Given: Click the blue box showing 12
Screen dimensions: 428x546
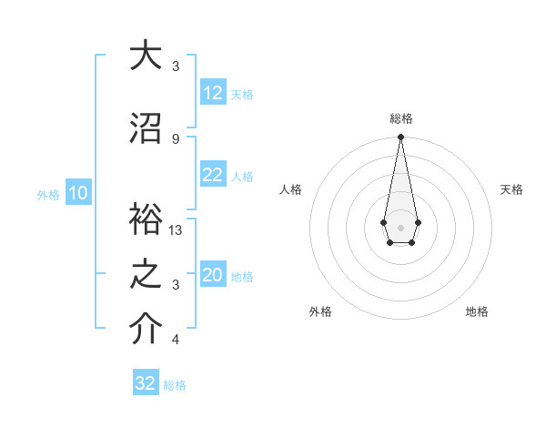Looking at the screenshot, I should (213, 93).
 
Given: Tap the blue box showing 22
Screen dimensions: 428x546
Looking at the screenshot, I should (213, 175).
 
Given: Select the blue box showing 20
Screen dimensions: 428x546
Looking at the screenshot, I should (213, 275).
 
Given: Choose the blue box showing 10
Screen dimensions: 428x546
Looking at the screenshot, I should (77, 193).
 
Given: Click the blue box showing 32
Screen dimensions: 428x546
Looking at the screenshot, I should (146, 383).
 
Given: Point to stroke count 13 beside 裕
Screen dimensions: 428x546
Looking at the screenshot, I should (177, 230).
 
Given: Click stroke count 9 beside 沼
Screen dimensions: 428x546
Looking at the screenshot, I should (176, 138).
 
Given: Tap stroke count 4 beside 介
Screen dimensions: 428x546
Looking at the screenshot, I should (176, 340).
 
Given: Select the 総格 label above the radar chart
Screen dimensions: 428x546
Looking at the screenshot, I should (400, 119).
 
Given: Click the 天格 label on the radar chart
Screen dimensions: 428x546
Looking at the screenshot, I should (511, 189).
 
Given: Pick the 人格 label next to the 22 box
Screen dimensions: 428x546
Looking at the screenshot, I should (242, 176).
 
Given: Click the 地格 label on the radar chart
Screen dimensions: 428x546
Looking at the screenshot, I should (477, 311).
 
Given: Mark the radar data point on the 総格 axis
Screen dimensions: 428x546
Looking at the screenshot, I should (400, 138).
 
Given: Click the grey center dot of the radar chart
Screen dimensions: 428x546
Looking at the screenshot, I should (400, 226).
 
